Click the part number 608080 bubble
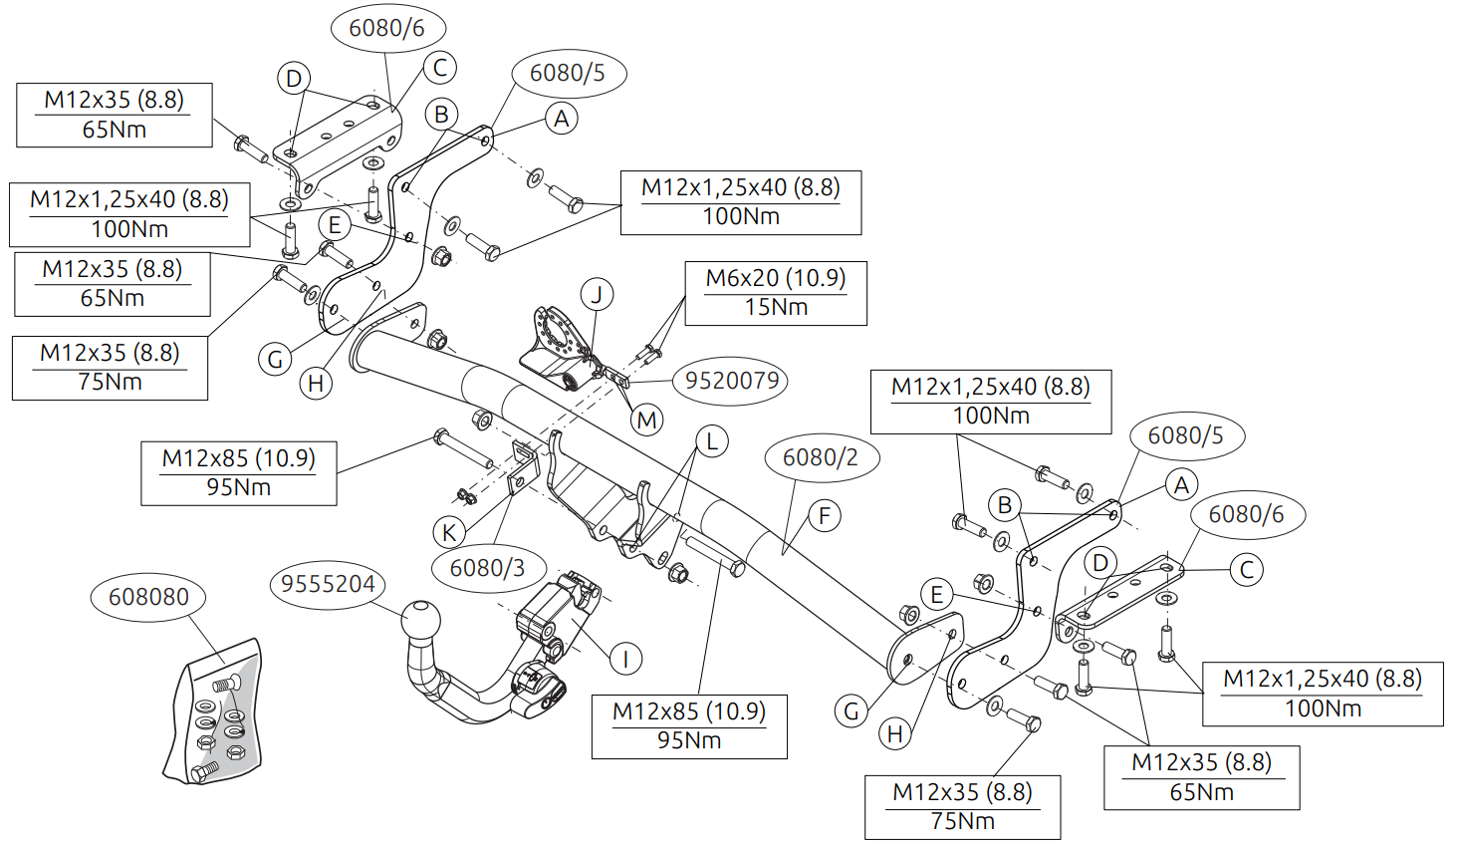pyautogui.click(x=148, y=597)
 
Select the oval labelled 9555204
pyautogui.click(x=328, y=584)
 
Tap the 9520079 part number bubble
pyautogui.click(x=732, y=381)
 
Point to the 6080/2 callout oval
pyautogui.click(x=820, y=457)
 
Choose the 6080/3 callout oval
pyautogui.click(x=487, y=568)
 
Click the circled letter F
pyautogui.click(x=825, y=516)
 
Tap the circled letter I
pyautogui.click(x=625, y=659)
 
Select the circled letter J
pyautogui.click(x=598, y=295)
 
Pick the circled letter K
pyautogui.click(x=449, y=532)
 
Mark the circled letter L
pyautogui.click(x=712, y=441)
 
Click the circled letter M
pyautogui.click(x=647, y=420)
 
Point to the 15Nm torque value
pyautogui.click(x=776, y=307)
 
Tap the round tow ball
pyautogui.click(x=420, y=620)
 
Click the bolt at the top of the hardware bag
pyautogui.click(x=225, y=685)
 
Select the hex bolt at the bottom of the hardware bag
pyautogui.click(x=204, y=771)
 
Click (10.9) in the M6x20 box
pyautogui.click(x=818, y=278)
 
